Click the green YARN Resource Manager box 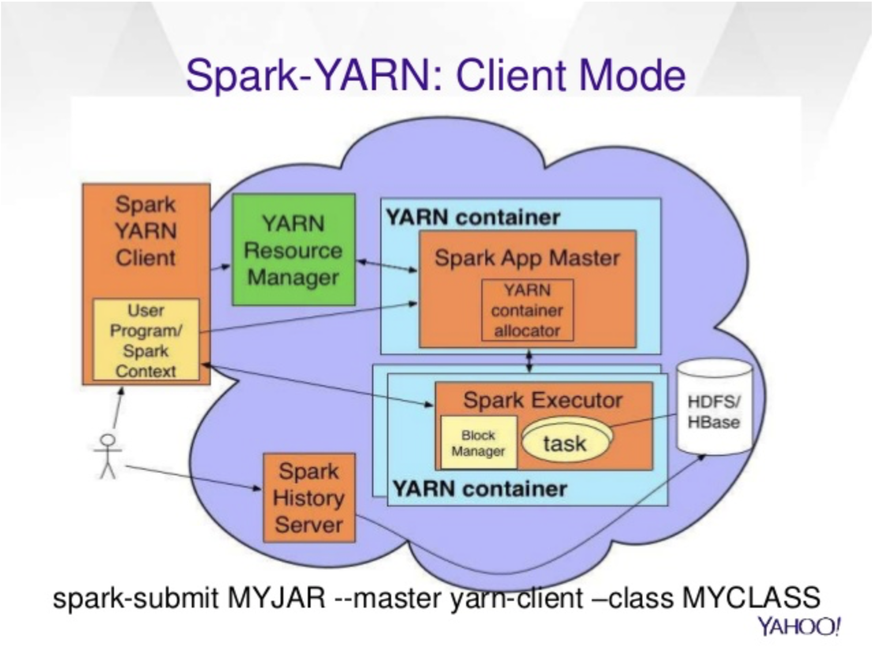pyautogui.click(x=294, y=249)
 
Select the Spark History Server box pyautogui.click(x=309, y=498)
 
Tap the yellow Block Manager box pyautogui.click(x=478, y=443)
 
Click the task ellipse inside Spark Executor pyautogui.click(x=567, y=440)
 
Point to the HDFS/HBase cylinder pyautogui.click(x=714, y=407)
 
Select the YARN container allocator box pyautogui.click(x=527, y=310)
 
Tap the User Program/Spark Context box pyautogui.click(x=146, y=340)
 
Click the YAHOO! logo pyautogui.click(x=799, y=627)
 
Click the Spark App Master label pyautogui.click(x=527, y=258)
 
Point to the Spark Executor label pyautogui.click(x=543, y=400)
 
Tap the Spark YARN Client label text pyautogui.click(x=146, y=231)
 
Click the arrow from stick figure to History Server pyautogui.click(x=194, y=478)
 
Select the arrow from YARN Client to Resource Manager pyautogui.click(x=221, y=268)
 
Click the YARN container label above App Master pyautogui.click(x=473, y=218)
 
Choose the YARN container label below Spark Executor pyautogui.click(x=480, y=489)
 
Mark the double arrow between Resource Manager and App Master pyautogui.click(x=388, y=266)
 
